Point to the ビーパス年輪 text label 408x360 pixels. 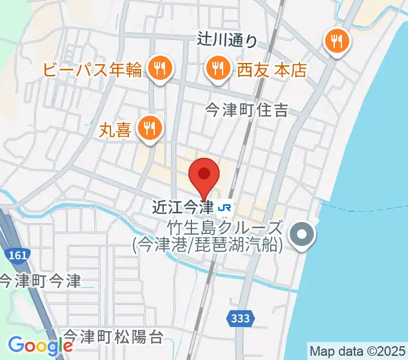point(93,70)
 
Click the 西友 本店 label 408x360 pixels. point(273,70)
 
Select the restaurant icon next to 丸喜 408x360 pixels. point(148,127)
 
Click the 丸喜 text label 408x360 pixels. point(115,130)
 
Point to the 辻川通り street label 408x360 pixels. point(227,41)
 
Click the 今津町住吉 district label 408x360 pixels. point(247,110)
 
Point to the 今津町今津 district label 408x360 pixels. point(40,281)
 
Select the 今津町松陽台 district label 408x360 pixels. point(112,337)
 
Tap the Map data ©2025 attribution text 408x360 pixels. point(358,350)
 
